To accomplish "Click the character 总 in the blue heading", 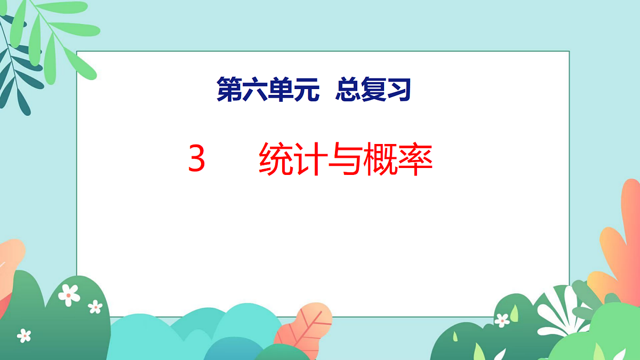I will (347, 89).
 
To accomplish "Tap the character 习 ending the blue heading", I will (399, 89).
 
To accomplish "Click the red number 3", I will (197, 159).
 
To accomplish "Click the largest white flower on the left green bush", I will (69, 294).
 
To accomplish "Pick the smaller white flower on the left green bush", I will (95, 306).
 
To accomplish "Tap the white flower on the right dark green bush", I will (502, 320).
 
